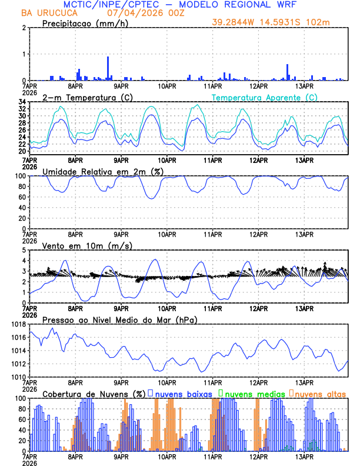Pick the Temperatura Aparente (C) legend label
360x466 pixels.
click(264, 97)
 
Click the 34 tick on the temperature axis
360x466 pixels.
click(22, 102)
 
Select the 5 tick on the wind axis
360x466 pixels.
click(24, 250)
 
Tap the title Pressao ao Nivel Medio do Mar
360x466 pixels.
click(119, 320)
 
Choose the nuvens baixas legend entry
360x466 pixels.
click(179, 394)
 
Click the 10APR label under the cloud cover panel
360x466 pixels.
click(166, 457)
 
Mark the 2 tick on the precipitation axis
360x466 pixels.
click(24, 28)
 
